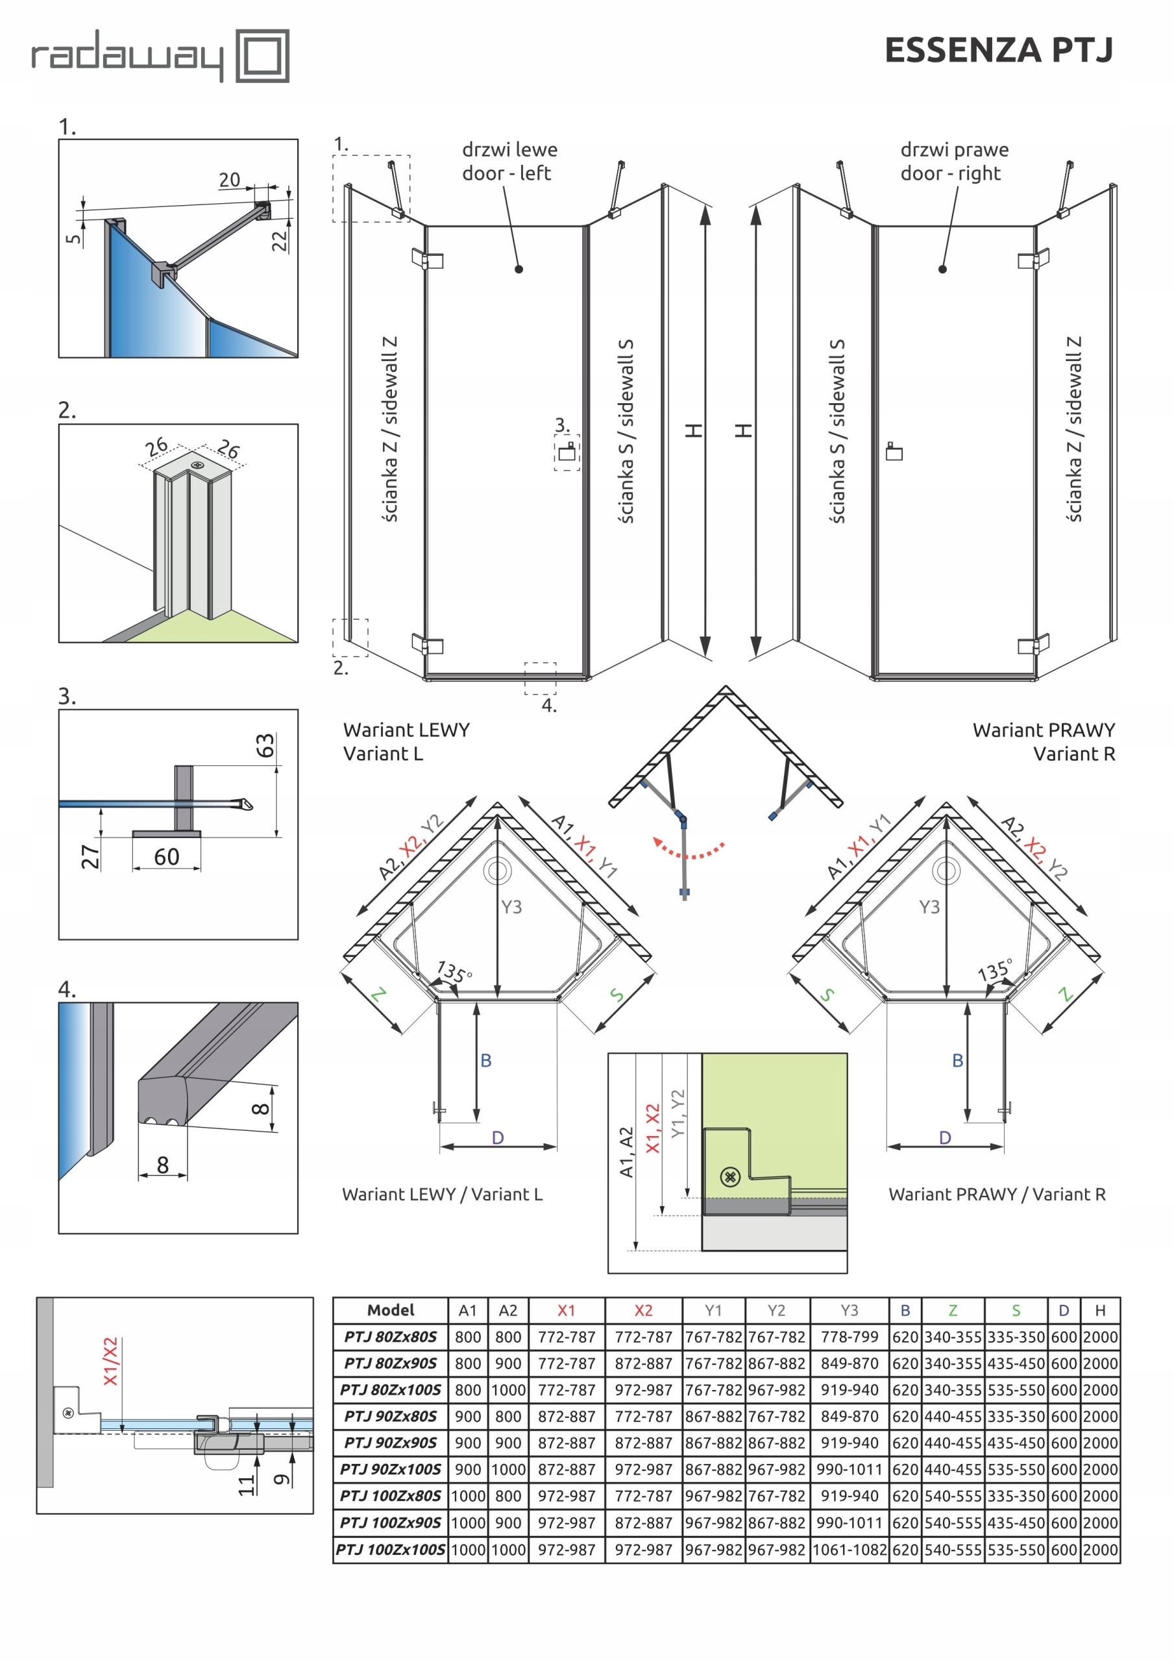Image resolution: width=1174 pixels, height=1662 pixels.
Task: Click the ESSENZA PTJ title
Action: point(998,51)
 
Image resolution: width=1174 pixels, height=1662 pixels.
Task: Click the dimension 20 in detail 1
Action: point(230,180)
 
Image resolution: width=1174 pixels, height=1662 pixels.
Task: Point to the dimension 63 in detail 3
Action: point(265,745)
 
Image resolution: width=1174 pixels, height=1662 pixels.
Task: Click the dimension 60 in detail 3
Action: point(167,857)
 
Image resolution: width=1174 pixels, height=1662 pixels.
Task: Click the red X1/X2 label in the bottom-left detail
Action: point(110,1361)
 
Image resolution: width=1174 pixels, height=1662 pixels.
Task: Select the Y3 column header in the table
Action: point(849,1310)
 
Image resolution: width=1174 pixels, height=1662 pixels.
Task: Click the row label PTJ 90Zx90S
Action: point(390,1443)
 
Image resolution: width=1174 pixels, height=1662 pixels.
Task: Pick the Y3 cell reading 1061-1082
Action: point(849,1550)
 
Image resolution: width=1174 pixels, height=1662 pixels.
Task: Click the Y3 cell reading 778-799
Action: point(849,1337)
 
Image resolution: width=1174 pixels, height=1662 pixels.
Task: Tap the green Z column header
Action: point(953,1310)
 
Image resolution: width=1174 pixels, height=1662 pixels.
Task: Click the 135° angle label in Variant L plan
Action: point(454,970)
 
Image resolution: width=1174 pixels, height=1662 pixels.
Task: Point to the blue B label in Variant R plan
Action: point(957,1060)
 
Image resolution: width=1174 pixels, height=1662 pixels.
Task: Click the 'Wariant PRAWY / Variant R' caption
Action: point(997,1195)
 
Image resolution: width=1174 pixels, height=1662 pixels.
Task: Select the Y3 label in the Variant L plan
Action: point(511,906)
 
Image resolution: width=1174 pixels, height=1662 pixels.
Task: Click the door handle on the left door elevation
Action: point(567,453)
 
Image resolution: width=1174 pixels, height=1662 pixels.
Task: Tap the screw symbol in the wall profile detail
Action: point(730,1176)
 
